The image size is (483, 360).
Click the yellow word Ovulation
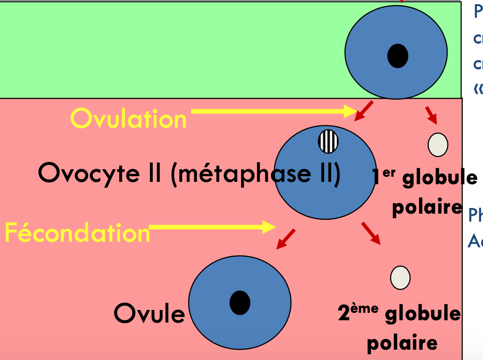(x=128, y=119)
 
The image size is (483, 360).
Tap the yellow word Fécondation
(x=77, y=232)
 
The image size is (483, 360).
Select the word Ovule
(x=149, y=313)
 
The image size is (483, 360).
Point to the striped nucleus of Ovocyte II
(x=328, y=142)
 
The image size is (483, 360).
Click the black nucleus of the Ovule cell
(x=240, y=302)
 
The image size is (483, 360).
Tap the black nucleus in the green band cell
(x=398, y=56)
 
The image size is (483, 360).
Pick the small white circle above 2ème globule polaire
(x=400, y=277)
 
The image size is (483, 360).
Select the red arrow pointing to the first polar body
(x=431, y=115)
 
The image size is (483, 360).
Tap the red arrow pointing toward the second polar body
(x=370, y=233)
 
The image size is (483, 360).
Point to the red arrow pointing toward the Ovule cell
(x=286, y=238)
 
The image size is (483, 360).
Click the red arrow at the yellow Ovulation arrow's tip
(x=363, y=110)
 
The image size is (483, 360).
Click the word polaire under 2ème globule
(x=402, y=343)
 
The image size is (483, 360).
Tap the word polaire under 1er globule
(x=426, y=207)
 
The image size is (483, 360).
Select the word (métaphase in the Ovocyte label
(x=240, y=173)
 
